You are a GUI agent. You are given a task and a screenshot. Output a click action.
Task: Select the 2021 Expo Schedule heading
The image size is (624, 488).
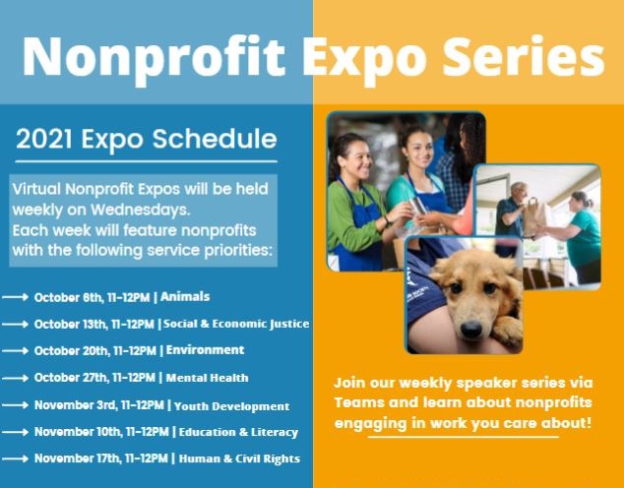pyautogui.click(x=146, y=139)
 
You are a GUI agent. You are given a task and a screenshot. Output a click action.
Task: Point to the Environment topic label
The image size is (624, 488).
pyautogui.click(x=205, y=350)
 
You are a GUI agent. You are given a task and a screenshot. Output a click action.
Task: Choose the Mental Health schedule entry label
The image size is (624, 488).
pyautogui.click(x=207, y=378)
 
